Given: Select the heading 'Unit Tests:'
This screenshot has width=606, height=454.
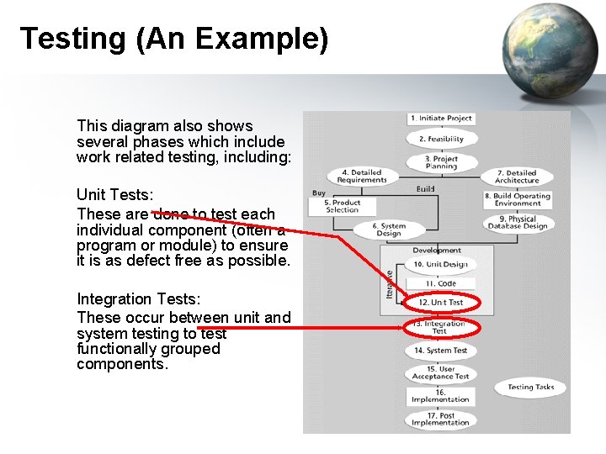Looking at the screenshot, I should coord(114,195).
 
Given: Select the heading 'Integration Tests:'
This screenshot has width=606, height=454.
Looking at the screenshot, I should coord(137,299).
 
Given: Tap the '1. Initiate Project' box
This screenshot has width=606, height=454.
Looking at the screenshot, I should coord(441,119).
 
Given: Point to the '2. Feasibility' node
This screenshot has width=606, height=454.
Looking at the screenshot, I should coord(441,139).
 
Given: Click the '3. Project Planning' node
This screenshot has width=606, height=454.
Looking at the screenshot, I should coord(441,162).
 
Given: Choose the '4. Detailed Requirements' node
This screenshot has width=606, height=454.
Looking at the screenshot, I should coord(361,177).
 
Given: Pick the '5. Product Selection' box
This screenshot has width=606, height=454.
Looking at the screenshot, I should coord(342,206).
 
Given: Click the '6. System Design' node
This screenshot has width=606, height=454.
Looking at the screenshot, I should coord(388,230).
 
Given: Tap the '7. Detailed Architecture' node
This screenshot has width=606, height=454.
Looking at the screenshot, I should coord(517,177).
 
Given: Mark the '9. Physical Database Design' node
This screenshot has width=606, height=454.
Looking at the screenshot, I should coord(517,223).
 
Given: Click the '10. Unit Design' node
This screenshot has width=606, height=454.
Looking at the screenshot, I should coord(441,264).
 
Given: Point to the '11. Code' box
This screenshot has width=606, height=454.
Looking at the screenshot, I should coord(441,284).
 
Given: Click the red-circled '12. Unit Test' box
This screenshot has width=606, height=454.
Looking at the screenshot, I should coord(441,303).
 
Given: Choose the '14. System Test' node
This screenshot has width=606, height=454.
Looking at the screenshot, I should coord(441,351).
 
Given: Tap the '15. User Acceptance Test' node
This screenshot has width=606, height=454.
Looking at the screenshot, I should coord(441,372).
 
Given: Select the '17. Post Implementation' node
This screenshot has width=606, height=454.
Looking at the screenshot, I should coord(441,419).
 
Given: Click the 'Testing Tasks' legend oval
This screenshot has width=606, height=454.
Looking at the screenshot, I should coord(537,388).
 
